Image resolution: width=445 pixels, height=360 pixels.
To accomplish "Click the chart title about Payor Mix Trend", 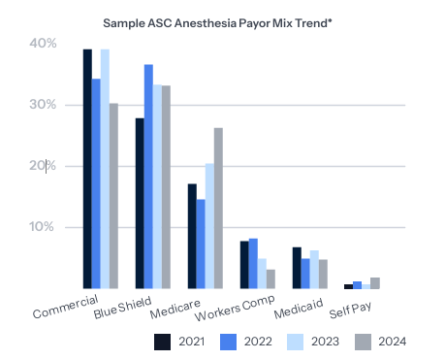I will [222, 19].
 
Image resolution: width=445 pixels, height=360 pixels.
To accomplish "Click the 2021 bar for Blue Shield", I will [140, 204].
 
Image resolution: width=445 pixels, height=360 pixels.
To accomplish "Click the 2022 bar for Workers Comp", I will [253, 264].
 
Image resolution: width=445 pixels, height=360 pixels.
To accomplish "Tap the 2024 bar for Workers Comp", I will [270, 279].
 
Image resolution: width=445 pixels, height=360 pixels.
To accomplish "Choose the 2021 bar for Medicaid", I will [297, 268].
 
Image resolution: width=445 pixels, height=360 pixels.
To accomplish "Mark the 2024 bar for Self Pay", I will [375, 283].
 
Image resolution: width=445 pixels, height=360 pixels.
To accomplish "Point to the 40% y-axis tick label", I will [43, 44].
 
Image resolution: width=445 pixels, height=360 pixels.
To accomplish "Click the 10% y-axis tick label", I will [43, 228].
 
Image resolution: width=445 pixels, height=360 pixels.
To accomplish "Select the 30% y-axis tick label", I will [43, 105].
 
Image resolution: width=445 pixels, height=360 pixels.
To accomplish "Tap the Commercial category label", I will [68, 308].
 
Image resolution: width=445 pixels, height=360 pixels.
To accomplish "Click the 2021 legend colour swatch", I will [163, 342].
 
